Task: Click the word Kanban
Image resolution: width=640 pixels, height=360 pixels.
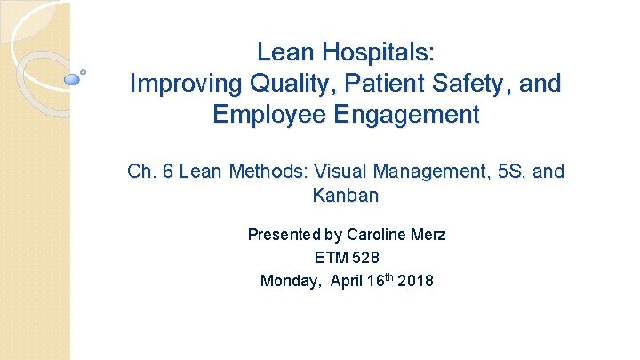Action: point(346,194)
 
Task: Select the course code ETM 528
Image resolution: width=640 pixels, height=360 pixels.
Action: point(347,259)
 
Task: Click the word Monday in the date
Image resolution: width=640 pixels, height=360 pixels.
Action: point(290,281)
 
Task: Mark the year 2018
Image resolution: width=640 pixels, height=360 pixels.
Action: point(417,281)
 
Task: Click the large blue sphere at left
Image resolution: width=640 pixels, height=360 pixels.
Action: point(73,79)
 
